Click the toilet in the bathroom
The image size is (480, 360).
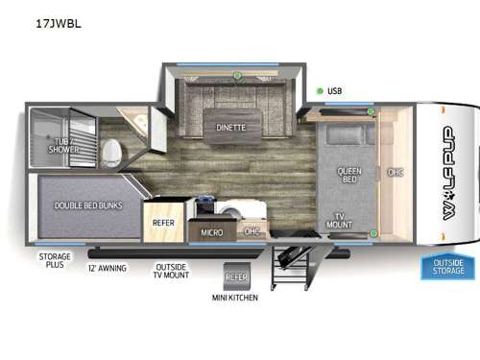coord(112,153)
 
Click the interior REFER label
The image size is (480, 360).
coord(162,222)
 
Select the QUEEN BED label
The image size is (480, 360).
coord(348,177)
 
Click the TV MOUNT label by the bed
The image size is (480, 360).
coord(343,220)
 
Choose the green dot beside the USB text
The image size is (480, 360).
coord(319,91)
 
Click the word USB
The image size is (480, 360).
coord(334,91)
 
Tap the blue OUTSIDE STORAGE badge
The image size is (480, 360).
coord(446,264)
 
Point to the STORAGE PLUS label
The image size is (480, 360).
coord(55,262)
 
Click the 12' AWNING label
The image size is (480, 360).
coord(108,268)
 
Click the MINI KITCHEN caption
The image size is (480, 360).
coord(236,297)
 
